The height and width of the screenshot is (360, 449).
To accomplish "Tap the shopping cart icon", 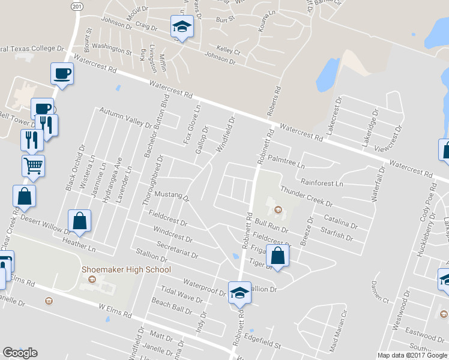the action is tap(33, 165).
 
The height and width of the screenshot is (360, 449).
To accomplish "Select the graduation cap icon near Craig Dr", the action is tap(181, 27).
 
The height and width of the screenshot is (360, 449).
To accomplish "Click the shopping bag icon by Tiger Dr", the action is tap(277, 256).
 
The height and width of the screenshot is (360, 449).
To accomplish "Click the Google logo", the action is tap(20, 353).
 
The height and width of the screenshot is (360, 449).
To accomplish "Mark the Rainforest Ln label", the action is tap(322, 182).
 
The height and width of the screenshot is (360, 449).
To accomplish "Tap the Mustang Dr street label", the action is tap(172, 196).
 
